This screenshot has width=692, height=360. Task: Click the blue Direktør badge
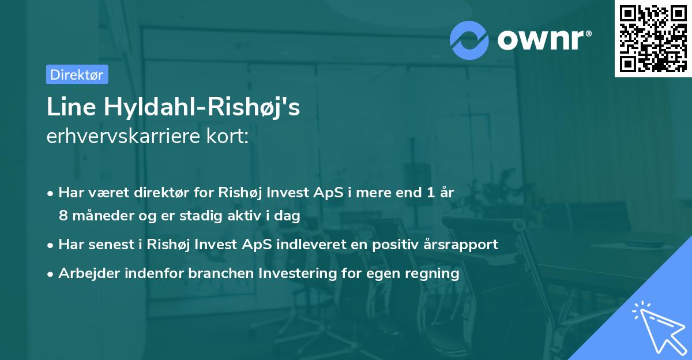coord(77,74)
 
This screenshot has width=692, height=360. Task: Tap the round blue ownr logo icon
coord(469,40)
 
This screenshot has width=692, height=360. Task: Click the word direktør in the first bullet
coord(162,192)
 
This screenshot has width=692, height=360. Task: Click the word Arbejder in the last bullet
coord(84,273)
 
